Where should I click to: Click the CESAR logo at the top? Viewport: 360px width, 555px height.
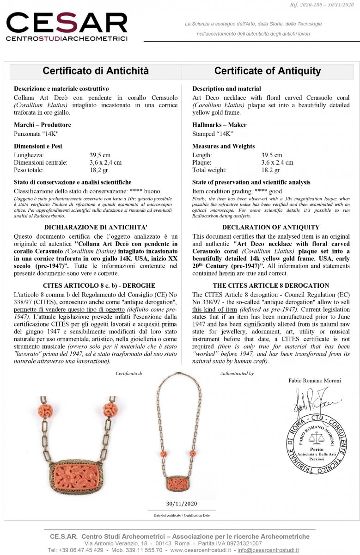coord(67,26)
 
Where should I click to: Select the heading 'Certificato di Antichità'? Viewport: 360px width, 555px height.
coord(96,71)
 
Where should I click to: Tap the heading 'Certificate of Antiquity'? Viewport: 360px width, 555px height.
coord(268,71)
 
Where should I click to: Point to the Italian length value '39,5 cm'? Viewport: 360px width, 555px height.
coord(100,155)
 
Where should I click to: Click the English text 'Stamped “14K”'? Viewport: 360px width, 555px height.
coord(213,134)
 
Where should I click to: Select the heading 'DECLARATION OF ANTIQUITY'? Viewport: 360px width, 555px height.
coord(270,227)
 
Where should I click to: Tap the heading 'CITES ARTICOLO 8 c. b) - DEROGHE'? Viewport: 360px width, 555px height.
coord(96,285)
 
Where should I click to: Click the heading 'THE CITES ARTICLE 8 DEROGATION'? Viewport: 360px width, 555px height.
coord(270,285)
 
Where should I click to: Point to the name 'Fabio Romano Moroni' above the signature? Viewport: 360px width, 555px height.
coord(314,381)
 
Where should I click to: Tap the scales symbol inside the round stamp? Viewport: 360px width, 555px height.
coord(317,437)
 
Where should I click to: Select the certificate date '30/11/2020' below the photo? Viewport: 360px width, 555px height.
coord(181,504)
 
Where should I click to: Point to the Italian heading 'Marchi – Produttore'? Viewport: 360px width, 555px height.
coord(43,125)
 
